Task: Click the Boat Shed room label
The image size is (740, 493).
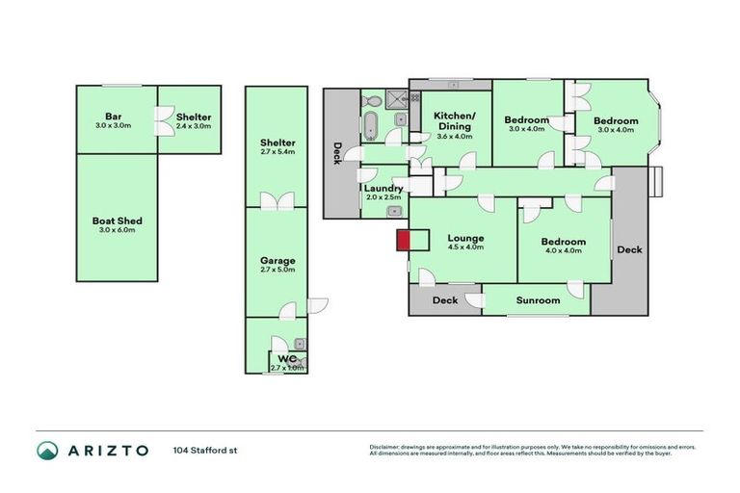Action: [116, 220]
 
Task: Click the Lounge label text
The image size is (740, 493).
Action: [466, 238]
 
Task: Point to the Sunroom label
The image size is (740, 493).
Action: [538, 300]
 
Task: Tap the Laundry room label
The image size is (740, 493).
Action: [383, 188]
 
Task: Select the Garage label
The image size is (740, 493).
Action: [277, 260]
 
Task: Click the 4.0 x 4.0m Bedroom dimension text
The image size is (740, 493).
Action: [563, 252]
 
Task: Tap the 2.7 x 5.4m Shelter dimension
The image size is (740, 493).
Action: [277, 151]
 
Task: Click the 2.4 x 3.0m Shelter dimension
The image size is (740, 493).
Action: [194, 126]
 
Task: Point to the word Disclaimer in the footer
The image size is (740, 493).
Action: [387, 447]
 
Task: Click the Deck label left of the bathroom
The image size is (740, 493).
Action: [337, 153]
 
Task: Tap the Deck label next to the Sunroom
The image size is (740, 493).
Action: [444, 300]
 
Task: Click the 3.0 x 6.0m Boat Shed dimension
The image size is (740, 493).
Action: [116, 229]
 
